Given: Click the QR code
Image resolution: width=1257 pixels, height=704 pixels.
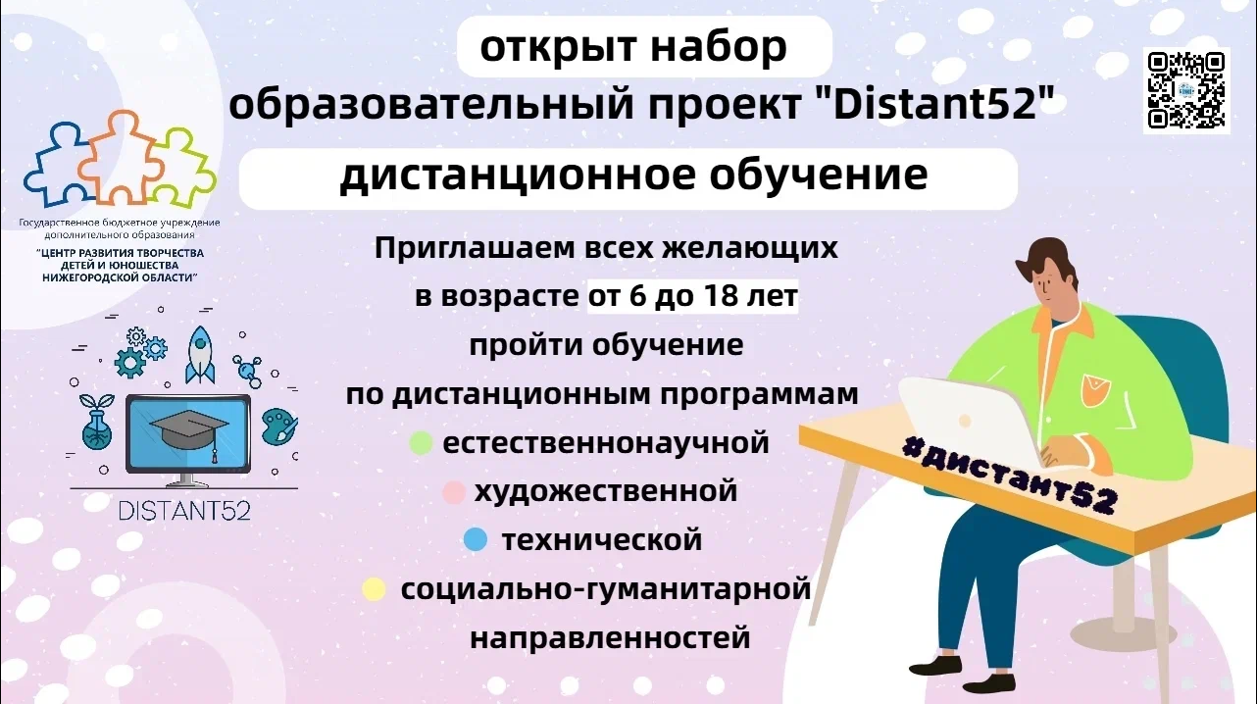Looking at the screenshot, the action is click(x=1186, y=90).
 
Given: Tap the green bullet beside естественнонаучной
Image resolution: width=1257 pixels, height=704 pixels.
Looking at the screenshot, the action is click(x=421, y=442).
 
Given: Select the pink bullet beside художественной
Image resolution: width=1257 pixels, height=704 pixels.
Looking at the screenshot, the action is click(x=453, y=492).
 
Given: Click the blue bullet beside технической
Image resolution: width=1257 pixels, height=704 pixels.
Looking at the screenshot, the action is click(x=476, y=539).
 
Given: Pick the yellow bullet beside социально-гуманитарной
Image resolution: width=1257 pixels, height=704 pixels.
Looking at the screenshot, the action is click(x=374, y=589).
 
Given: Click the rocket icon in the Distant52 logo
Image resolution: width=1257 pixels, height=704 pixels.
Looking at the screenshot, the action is click(x=200, y=355).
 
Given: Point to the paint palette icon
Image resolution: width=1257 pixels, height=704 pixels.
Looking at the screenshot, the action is click(x=279, y=427).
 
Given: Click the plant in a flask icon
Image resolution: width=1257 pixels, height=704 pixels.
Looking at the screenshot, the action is click(x=96, y=421).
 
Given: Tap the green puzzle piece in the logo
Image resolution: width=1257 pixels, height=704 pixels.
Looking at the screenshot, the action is click(x=182, y=169).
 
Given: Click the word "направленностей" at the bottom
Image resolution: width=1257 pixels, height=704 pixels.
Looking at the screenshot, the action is click(x=610, y=638).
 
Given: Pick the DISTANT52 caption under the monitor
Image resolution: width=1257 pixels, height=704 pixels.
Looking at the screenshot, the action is click(x=184, y=511).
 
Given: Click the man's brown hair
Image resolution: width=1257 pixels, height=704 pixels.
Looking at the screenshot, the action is click(x=1048, y=263).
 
